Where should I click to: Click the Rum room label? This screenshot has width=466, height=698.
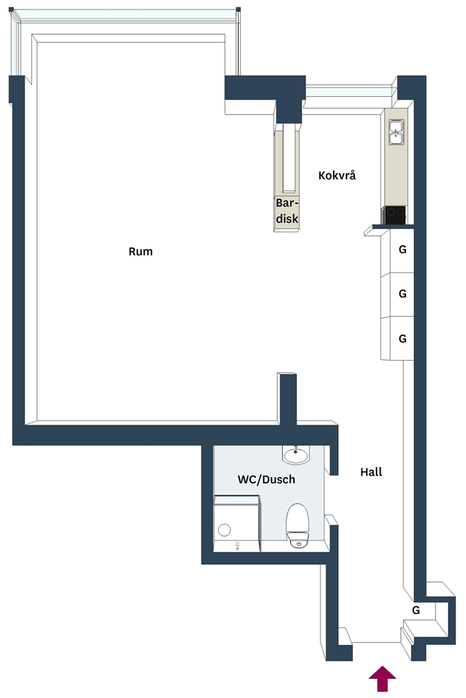[x=141, y=252]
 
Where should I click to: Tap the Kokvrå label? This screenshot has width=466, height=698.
[x=337, y=175]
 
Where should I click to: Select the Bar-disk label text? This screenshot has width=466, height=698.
[x=287, y=211]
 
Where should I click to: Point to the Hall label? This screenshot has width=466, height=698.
[x=371, y=472]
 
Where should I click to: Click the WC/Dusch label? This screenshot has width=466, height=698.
[x=266, y=479]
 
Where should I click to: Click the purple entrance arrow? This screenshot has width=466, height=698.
[x=382, y=678]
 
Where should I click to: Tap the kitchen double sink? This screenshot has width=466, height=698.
[x=396, y=132]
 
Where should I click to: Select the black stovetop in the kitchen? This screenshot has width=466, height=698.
[x=395, y=215]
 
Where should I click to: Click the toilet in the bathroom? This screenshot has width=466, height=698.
[x=297, y=526]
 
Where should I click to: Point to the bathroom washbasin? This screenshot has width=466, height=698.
[x=295, y=455]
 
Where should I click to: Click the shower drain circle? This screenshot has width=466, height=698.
[x=224, y=530]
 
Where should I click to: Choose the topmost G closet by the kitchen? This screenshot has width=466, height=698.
[x=403, y=249]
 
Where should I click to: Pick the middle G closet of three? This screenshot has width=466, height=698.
[x=403, y=294]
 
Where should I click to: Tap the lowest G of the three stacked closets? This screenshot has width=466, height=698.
[x=403, y=339]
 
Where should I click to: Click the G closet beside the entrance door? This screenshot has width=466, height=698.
[x=416, y=610]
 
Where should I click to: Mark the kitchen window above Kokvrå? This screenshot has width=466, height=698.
[x=349, y=92]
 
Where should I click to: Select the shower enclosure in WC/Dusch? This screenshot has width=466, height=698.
[x=237, y=524]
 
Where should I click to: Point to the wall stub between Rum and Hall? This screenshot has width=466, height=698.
[x=287, y=398]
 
